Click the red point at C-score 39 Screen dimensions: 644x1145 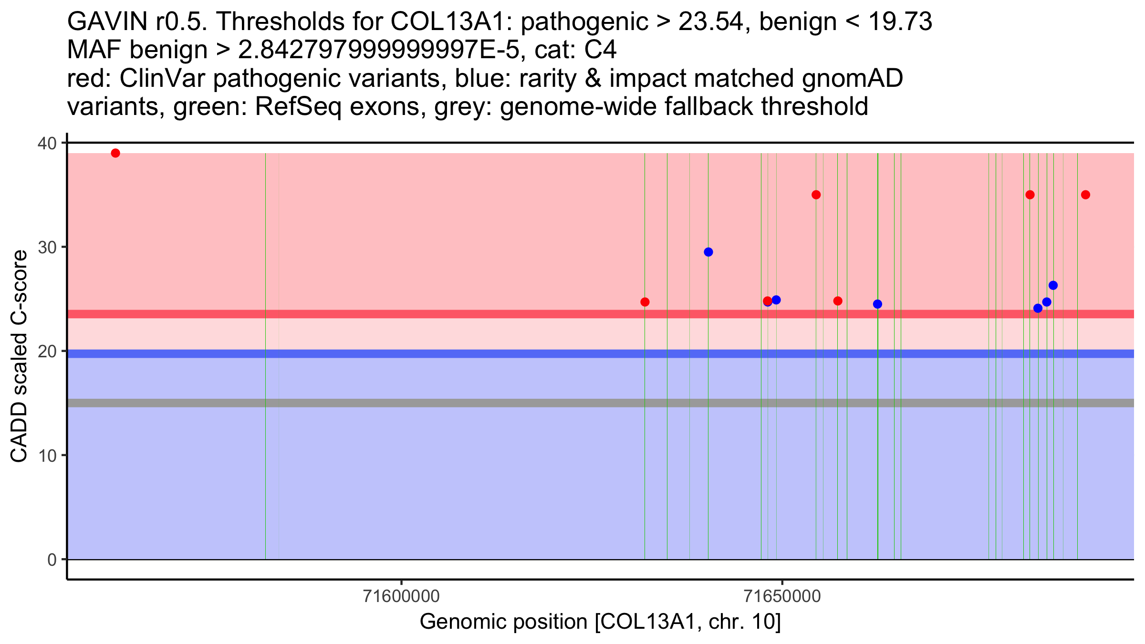(x=115, y=153)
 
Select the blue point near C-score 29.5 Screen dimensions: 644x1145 (x=708, y=252)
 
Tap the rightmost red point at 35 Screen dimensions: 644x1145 (x=1085, y=195)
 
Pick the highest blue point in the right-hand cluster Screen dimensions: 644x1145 (x=1053, y=285)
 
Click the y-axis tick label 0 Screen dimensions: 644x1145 (x=52, y=560)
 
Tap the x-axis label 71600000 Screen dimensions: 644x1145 (x=401, y=596)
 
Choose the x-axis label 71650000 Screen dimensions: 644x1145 (x=782, y=596)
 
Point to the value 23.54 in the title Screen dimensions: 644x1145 (x=711, y=22)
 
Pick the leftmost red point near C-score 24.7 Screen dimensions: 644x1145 (x=645, y=302)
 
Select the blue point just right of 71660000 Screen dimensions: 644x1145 (x=877, y=304)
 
